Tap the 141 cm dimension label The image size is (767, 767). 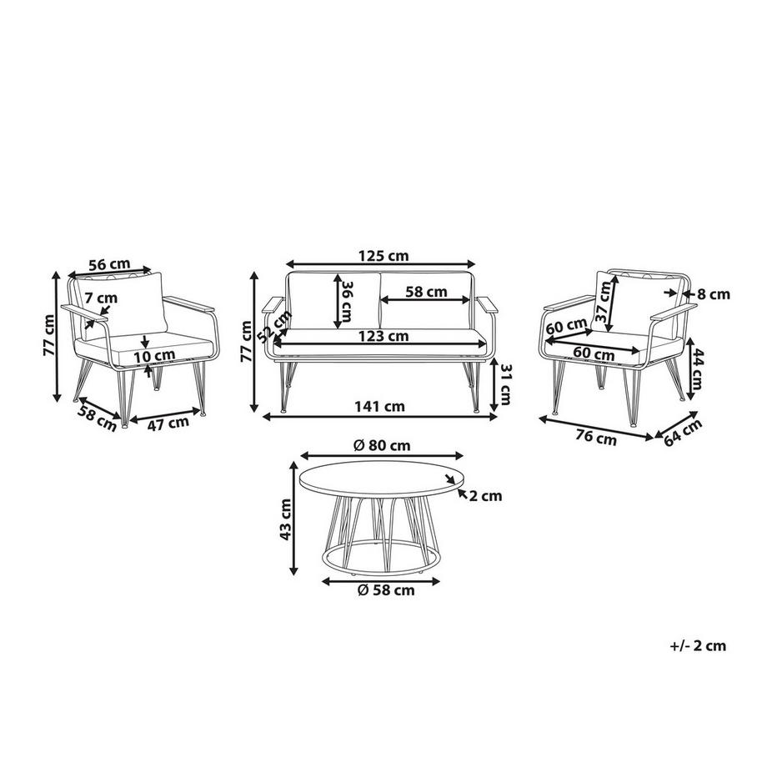(379, 406)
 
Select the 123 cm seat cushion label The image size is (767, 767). (383, 336)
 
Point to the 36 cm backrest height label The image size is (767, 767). (346, 300)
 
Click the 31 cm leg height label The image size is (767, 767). (505, 385)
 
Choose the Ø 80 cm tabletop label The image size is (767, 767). (382, 445)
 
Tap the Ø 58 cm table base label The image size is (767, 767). (386, 590)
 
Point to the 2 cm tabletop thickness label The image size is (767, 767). (486, 496)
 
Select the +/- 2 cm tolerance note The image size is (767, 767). (698, 645)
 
